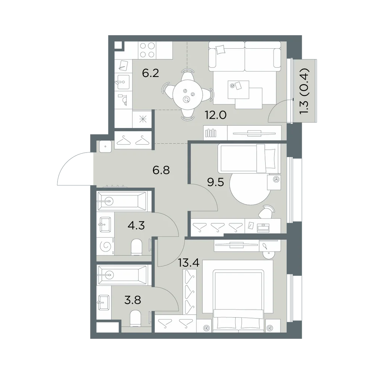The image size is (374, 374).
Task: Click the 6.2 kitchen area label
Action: click(x=150, y=73)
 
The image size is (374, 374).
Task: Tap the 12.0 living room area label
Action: click(x=216, y=115)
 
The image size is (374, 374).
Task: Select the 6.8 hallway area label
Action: click(x=161, y=170)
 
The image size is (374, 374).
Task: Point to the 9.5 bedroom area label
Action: click(x=216, y=183)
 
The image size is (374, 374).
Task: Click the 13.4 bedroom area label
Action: click(x=188, y=263)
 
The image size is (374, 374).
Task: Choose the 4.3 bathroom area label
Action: click(x=136, y=225)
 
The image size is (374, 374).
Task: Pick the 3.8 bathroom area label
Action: click(x=133, y=300)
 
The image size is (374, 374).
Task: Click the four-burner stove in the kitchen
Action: click(x=147, y=50)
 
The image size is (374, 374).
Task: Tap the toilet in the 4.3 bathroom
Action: click(x=137, y=247)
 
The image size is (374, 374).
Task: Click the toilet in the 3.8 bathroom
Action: click(x=135, y=318)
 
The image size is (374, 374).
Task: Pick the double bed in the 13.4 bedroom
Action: click(x=238, y=301)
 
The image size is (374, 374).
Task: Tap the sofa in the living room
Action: click(x=245, y=56)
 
